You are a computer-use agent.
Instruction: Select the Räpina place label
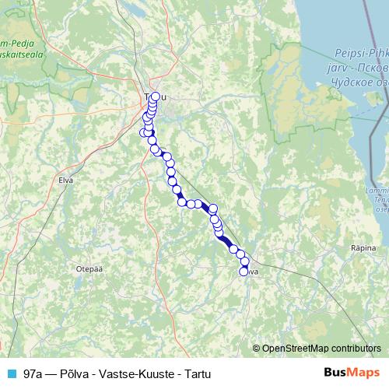(x=363, y=247)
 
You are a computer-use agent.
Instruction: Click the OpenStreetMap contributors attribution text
(x=321, y=349)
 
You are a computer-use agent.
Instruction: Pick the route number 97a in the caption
(x=33, y=373)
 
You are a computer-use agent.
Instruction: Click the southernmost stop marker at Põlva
(x=244, y=271)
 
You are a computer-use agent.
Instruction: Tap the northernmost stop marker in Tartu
(x=155, y=96)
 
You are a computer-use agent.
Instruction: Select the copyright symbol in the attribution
(x=257, y=349)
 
